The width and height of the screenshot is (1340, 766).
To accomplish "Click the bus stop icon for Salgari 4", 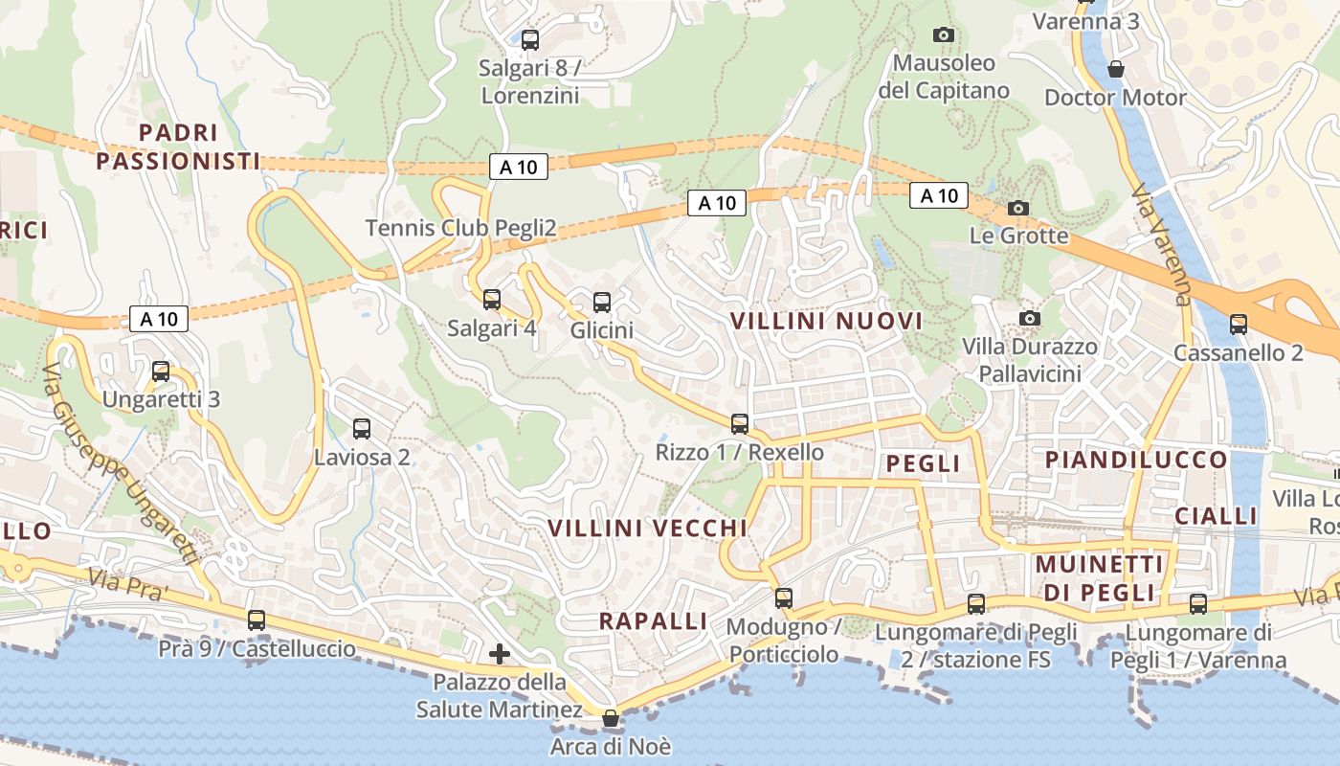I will tap(492, 300).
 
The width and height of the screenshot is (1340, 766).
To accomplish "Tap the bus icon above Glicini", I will tap(602, 303).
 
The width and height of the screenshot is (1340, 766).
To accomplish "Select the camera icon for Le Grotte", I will tap(1018, 208).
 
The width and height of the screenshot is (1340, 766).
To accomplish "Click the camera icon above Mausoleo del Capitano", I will tap(944, 34).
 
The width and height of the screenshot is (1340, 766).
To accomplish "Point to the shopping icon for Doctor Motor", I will tap(1115, 69).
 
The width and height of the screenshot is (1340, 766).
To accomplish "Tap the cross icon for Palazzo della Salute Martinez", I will tap(500, 654).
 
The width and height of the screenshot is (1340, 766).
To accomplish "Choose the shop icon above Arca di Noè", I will tap(611, 718).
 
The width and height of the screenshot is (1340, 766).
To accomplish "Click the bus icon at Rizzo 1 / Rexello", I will tap(740, 423).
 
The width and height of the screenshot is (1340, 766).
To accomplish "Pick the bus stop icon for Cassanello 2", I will tap(1239, 324).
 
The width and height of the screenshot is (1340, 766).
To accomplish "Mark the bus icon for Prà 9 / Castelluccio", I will tap(257, 620).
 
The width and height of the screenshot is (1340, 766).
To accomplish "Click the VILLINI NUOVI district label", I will tap(827, 321).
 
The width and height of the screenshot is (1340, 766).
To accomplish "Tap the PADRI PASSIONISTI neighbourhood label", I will tap(178, 146).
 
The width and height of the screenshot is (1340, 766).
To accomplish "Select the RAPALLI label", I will tap(654, 620).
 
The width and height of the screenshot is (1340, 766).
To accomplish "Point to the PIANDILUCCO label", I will tap(1136, 460).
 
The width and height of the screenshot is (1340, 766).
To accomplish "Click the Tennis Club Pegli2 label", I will tap(460, 228).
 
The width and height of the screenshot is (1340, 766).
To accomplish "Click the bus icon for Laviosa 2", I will tap(362, 429).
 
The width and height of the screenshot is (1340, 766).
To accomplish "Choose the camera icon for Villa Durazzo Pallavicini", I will tap(1030, 318).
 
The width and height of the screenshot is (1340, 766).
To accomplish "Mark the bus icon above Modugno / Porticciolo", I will tap(784, 598).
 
